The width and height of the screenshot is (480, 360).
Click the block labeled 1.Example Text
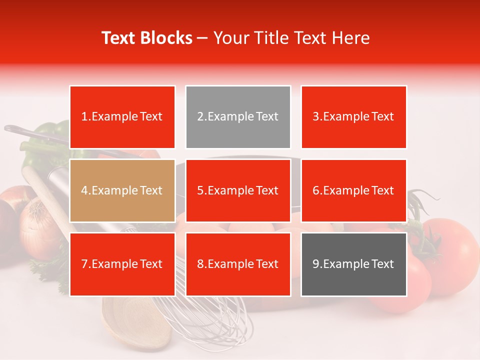point(122,117)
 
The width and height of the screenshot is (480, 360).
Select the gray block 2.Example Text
point(238,117)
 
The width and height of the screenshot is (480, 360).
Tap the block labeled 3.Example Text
point(353,117)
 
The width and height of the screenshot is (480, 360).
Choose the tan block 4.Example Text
point(122,190)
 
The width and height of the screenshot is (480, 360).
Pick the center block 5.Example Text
point(238,190)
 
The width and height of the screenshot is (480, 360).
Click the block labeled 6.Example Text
point(353,190)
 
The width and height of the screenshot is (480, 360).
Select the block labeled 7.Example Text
point(122,264)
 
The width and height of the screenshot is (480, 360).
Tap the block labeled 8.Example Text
point(238,264)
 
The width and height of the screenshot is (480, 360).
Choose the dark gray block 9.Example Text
point(353,264)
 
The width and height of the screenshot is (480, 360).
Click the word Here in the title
point(352,38)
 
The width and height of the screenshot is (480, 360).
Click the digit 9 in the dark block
point(316,264)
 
